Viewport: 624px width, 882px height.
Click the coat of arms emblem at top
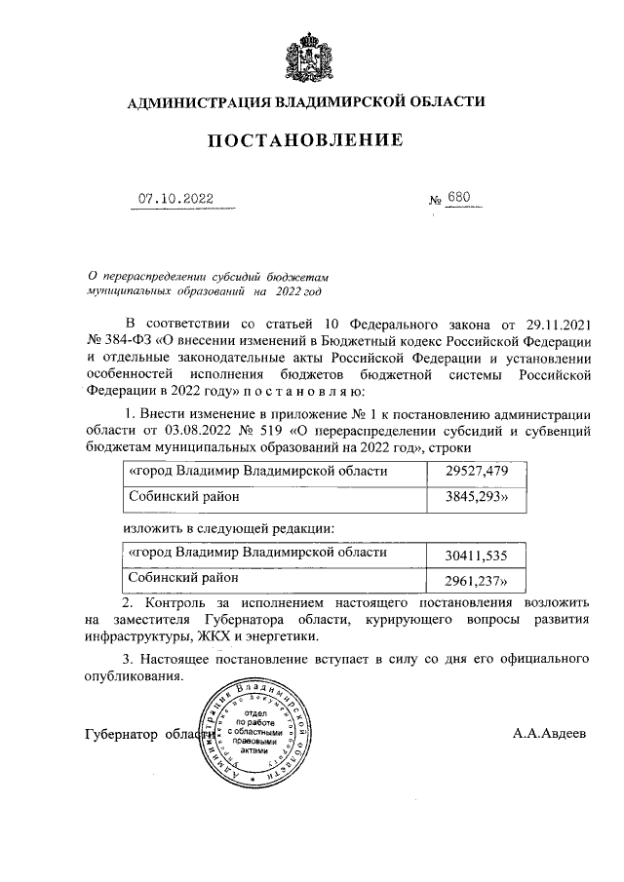point(312,56)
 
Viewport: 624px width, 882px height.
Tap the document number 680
point(458,199)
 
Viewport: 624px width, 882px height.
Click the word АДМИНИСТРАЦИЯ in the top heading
point(198,100)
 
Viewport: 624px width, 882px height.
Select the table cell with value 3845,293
point(478,496)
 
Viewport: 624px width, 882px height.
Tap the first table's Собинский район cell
point(277,496)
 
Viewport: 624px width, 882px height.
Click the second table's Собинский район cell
point(277,579)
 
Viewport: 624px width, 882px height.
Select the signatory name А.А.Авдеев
point(551,733)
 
